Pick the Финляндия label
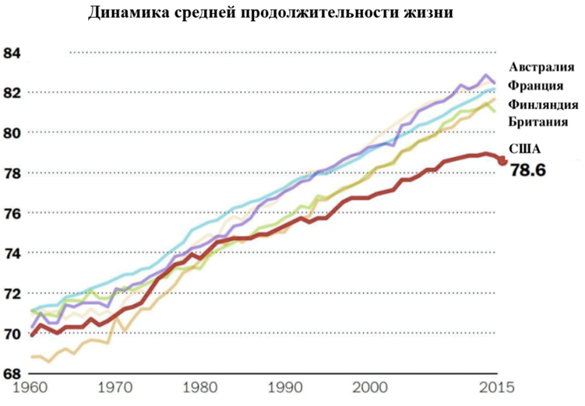[542, 105]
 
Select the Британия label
[537, 122]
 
